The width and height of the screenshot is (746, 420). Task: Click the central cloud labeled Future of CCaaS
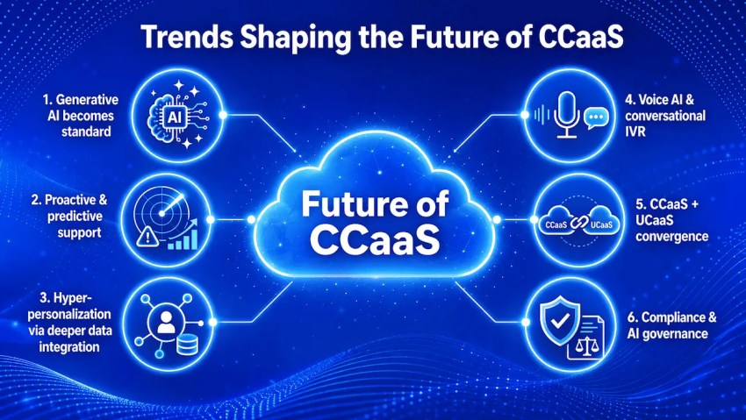coord(373,215)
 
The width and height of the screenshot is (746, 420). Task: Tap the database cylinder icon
coord(187,344)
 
